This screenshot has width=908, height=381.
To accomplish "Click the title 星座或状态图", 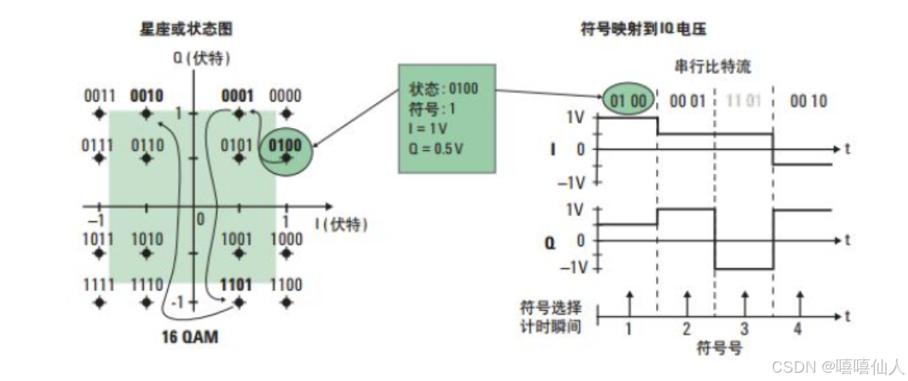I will [x=185, y=29].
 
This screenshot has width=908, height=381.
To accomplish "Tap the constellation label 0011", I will [x=100, y=96].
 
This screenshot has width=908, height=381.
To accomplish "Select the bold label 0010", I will [x=148, y=96].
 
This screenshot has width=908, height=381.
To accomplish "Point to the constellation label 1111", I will [x=100, y=285].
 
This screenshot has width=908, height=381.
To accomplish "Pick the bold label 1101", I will [x=237, y=285].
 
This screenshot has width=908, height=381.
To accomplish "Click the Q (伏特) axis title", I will [x=200, y=58].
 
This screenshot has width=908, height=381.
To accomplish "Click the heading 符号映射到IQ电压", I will [x=642, y=29].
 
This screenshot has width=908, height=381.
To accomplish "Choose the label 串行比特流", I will [x=714, y=65].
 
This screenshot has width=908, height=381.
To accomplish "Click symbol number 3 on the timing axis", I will [x=744, y=329].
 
